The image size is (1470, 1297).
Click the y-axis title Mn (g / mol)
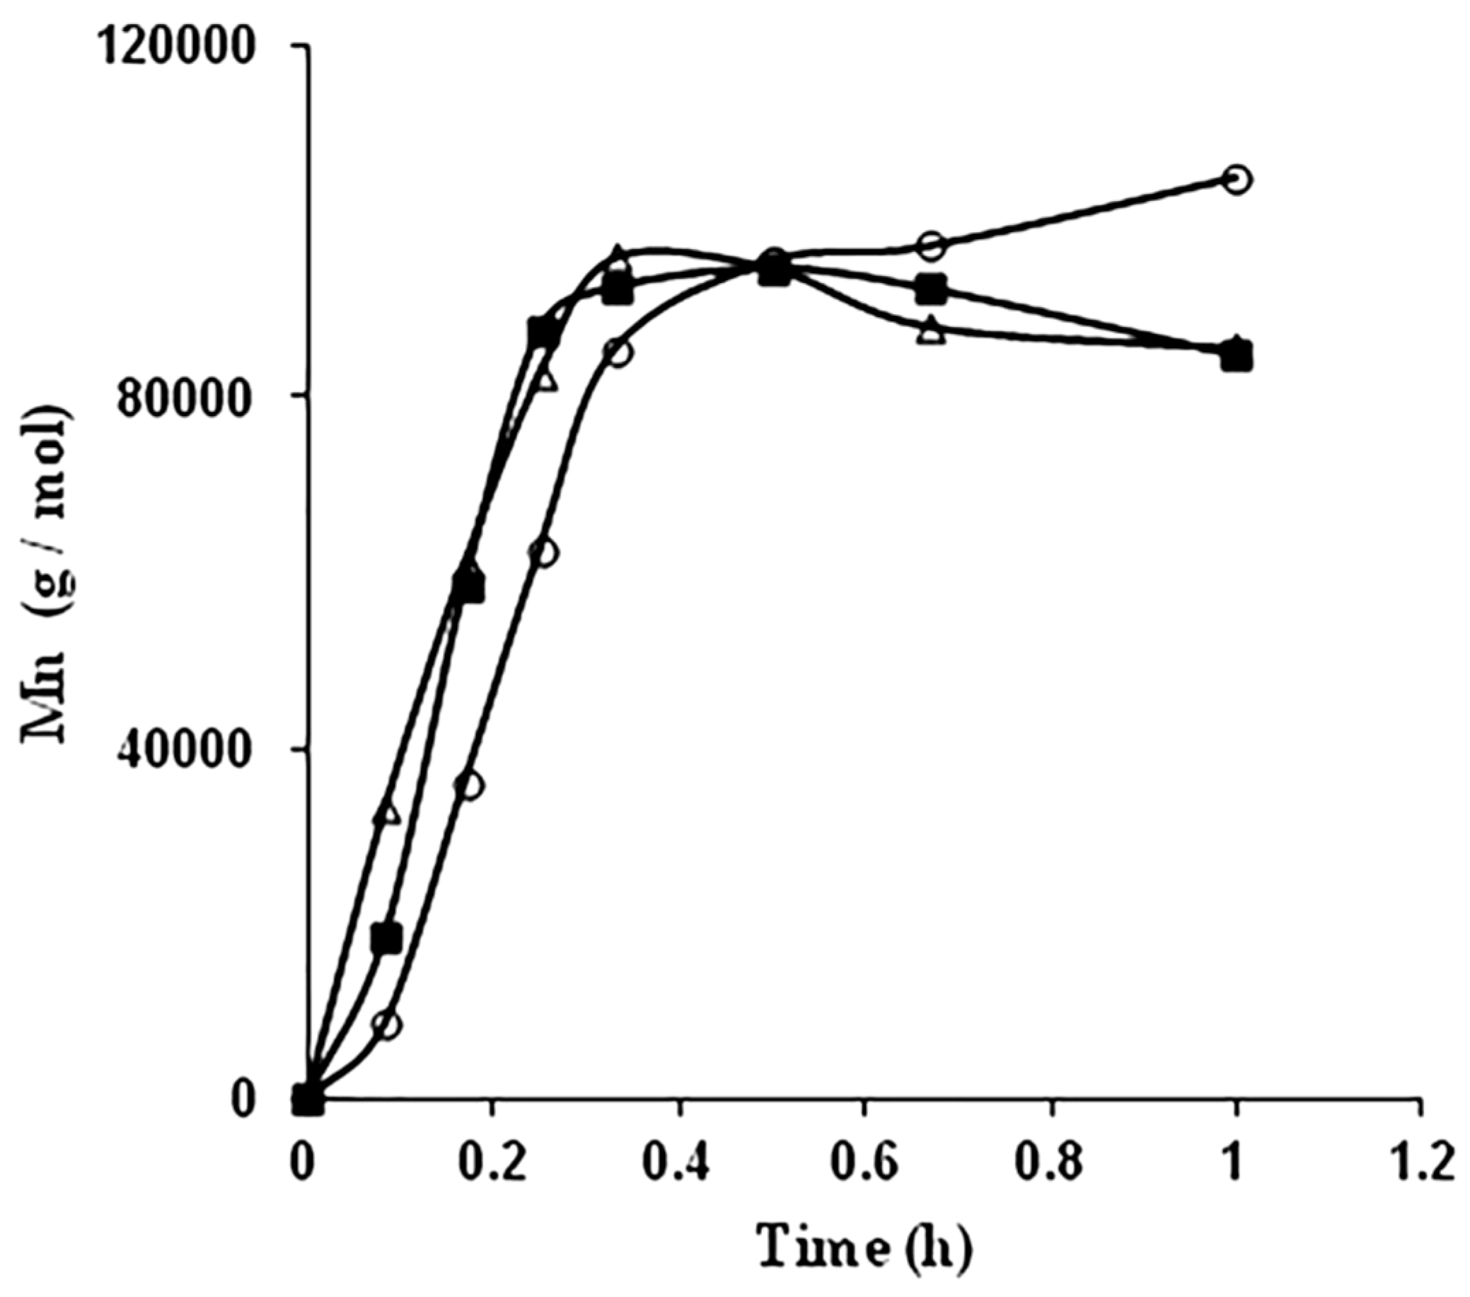pyautogui.click(x=47, y=575)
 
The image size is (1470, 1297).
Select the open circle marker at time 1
pyautogui.click(x=1237, y=178)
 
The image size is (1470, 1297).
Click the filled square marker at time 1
pyautogui.click(x=1237, y=355)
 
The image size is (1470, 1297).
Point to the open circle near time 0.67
pyautogui.click(x=931, y=246)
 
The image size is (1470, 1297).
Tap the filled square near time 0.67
pyautogui.click(x=931, y=289)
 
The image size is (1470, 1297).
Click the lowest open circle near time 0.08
pyautogui.click(x=388, y=1025)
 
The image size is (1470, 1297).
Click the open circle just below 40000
pyautogui.click(x=470, y=785)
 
